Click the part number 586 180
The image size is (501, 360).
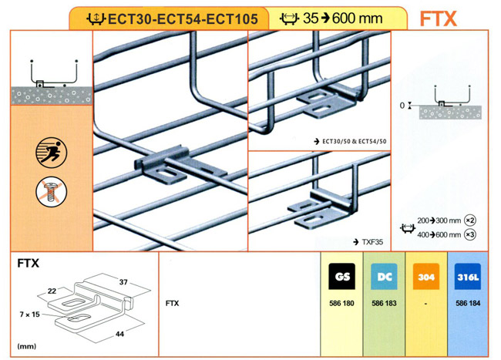[x=341, y=304]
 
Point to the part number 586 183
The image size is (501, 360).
[x=383, y=304]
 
